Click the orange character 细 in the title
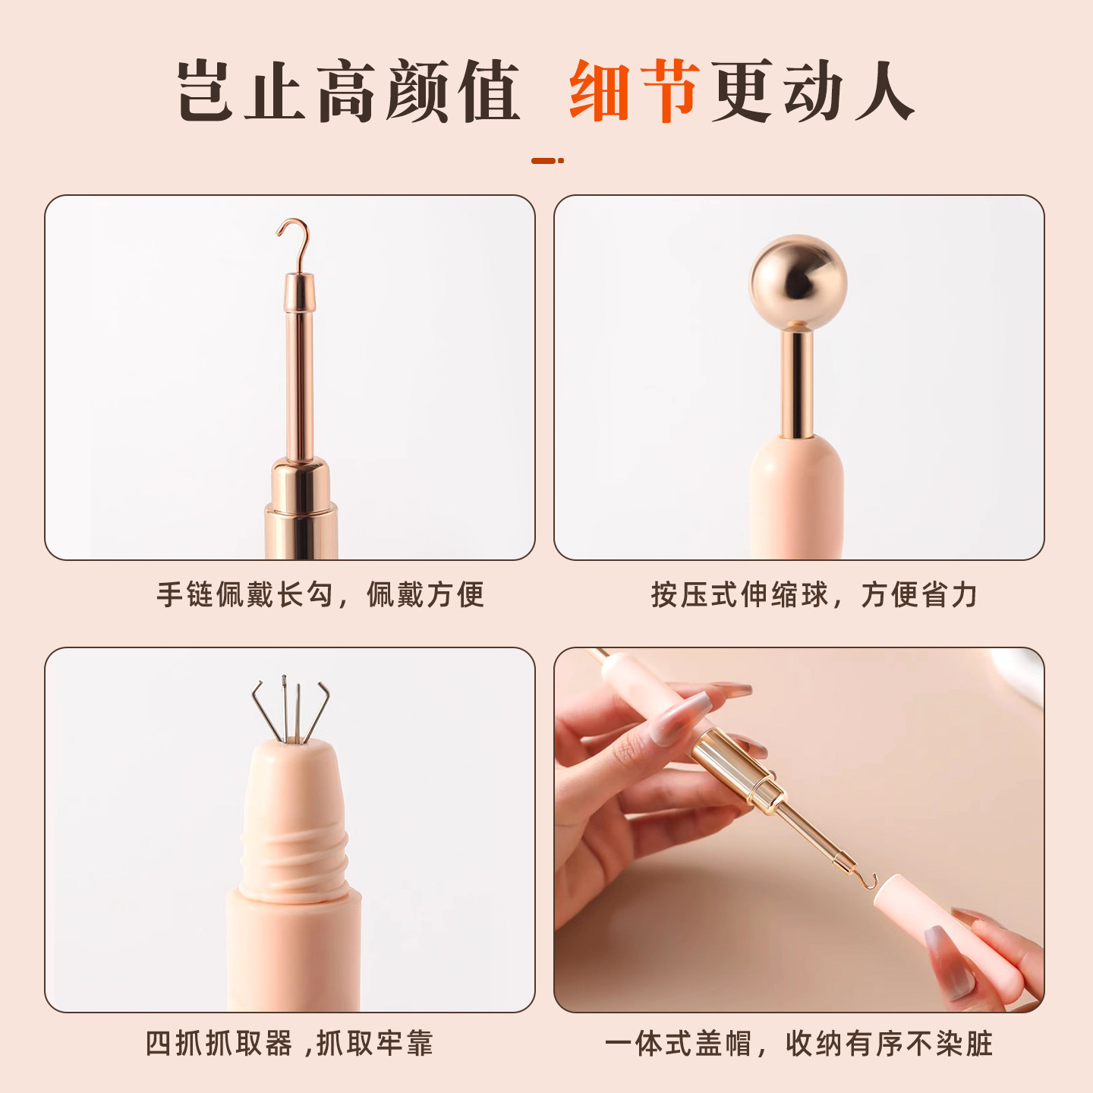(x=600, y=91)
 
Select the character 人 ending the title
(x=884, y=91)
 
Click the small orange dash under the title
(x=546, y=161)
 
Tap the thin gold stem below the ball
(x=797, y=383)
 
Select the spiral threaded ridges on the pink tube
(x=295, y=861)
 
